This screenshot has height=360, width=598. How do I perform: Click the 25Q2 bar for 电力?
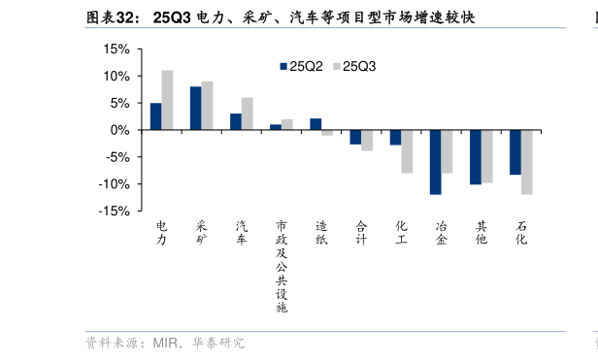pyautogui.click(x=155, y=116)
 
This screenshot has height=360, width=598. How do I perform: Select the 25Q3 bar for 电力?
pyautogui.click(x=167, y=100)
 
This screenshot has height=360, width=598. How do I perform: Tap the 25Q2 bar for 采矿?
pyautogui.click(x=195, y=108)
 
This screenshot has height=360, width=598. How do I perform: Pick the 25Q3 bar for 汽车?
pyautogui.click(x=247, y=114)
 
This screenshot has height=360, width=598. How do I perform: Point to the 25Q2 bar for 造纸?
pyautogui.click(x=316, y=124)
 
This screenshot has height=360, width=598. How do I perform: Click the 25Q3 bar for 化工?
pyautogui.click(x=407, y=151)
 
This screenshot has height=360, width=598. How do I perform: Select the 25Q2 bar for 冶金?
pyautogui.click(x=435, y=162)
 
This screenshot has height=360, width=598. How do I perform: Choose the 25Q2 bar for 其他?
pyautogui.click(x=475, y=157)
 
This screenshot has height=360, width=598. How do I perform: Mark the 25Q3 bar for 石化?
pyautogui.click(x=526, y=162)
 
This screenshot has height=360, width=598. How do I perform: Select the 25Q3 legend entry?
pyautogui.click(x=354, y=66)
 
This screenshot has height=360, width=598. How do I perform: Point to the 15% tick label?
pyautogui.click(x=116, y=49)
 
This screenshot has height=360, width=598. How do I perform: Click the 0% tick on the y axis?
pyautogui.click(x=119, y=130)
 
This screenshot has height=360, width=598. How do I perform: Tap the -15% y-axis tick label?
pyautogui.click(x=114, y=211)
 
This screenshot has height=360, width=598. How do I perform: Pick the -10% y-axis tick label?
pyautogui.click(x=114, y=183)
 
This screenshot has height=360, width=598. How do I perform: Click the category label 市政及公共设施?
pyautogui.click(x=282, y=266)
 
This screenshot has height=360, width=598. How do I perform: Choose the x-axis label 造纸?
pyautogui.click(x=321, y=232)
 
